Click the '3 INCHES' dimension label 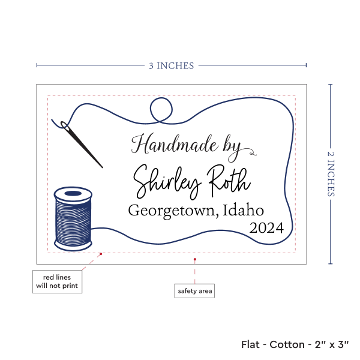(x=172, y=65)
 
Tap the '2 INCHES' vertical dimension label (x=331, y=174)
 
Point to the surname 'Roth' (x=229, y=178)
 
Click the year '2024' (x=267, y=229)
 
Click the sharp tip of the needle (x=103, y=167)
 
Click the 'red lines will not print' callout (x=57, y=281)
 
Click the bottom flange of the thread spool (x=73, y=245)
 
